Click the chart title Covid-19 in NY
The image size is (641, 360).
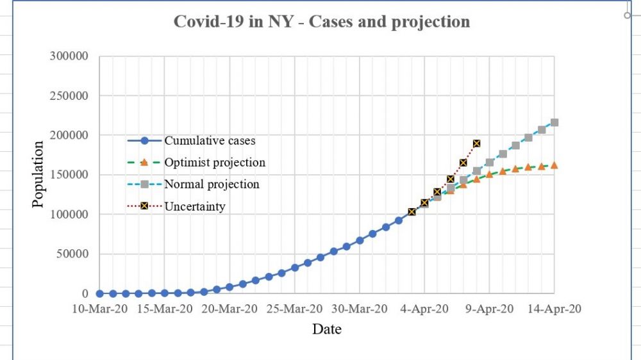[322, 21]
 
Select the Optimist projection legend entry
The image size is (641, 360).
[215, 163]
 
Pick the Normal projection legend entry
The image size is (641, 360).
[212, 184]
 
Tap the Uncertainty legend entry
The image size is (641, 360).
[195, 206]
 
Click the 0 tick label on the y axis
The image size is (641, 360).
[85, 293]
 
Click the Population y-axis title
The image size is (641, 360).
[38, 174]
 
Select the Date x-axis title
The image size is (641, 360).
[327, 329]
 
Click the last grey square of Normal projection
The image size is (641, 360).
[554, 122]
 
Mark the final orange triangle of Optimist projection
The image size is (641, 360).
[554, 165]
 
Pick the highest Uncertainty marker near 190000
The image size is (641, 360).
[476, 143]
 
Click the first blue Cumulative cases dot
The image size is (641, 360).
[100, 293]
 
